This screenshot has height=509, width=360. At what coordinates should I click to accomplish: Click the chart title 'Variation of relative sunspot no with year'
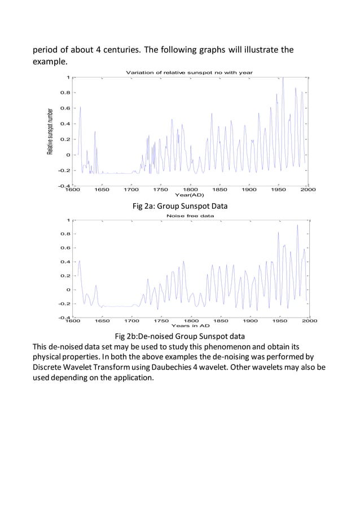pos(189,72)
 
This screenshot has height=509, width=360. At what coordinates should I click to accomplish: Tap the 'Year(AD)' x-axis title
pos(189,195)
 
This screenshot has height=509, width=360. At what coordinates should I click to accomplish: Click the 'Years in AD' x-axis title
pos(190,326)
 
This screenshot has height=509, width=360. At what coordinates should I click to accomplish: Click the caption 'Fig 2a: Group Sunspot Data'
pos(180,206)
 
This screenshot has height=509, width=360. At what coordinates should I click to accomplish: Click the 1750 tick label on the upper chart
pos(161,190)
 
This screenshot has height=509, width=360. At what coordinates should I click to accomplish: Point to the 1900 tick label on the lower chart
pos(250,321)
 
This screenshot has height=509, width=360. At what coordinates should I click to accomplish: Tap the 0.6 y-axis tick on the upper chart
pos(65,108)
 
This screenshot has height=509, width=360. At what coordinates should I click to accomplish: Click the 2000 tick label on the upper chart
pos(308,190)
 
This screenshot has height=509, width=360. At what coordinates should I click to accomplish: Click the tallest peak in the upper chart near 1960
pos(283,78)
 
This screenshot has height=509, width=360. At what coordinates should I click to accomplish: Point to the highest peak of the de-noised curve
pos(297,225)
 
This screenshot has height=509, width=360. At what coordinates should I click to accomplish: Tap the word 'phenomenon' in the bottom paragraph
pos(226,347)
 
